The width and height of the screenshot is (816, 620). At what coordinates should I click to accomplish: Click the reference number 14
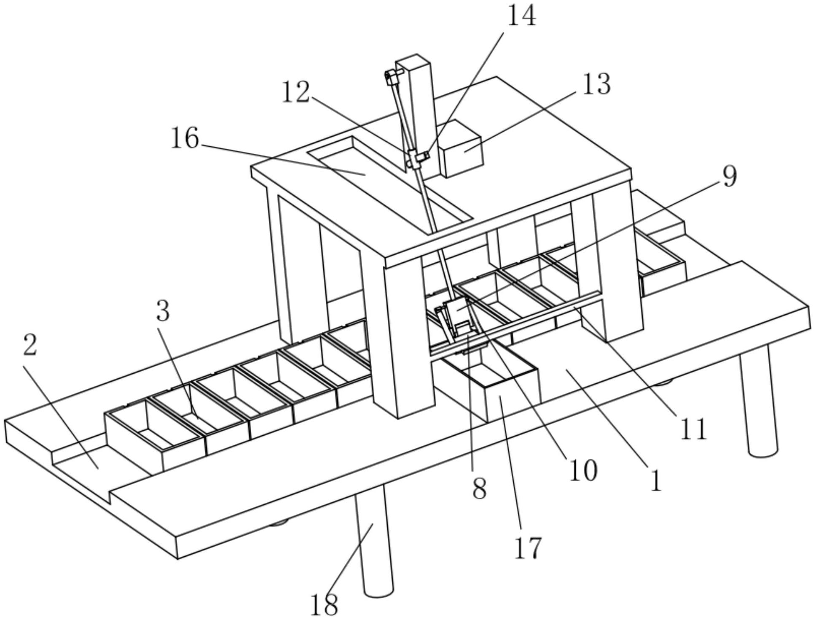(521, 16)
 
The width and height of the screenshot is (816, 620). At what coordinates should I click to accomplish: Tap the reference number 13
(596, 84)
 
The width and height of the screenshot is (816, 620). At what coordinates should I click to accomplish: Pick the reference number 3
(163, 311)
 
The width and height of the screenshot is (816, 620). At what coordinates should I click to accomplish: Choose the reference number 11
(693, 429)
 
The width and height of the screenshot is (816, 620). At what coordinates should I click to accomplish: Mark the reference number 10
(583, 469)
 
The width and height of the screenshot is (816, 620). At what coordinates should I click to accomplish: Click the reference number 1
(656, 480)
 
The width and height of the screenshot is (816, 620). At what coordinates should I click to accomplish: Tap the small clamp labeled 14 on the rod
(420, 158)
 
